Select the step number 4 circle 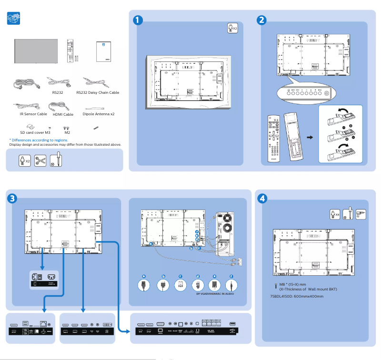[261, 198]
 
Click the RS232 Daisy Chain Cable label [98, 93]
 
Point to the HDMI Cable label [62, 114]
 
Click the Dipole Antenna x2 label [99, 114]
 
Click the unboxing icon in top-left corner [14, 19]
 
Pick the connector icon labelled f [231, 285]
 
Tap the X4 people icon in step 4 [335, 214]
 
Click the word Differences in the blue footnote [22, 140]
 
